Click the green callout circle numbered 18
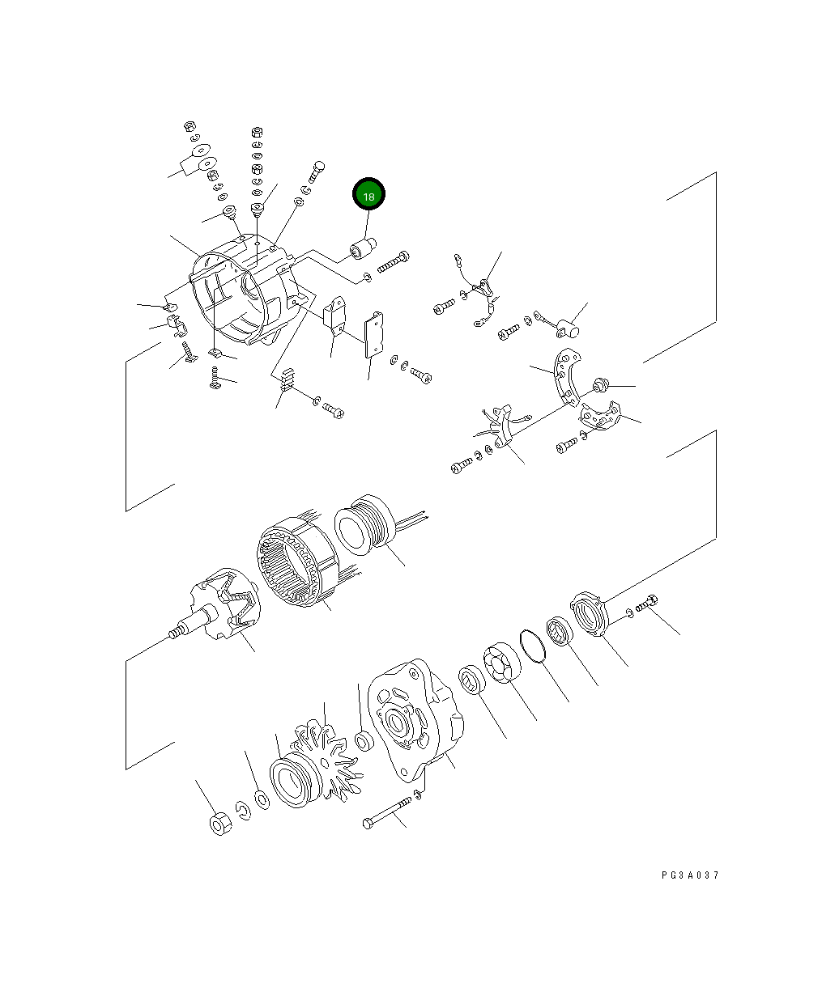click(368, 196)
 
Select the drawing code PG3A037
click(689, 875)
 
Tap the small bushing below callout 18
click(359, 251)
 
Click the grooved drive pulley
click(292, 778)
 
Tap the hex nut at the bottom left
click(219, 824)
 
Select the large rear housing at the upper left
click(239, 299)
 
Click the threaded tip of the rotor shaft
click(172, 633)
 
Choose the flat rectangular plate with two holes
click(375, 336)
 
